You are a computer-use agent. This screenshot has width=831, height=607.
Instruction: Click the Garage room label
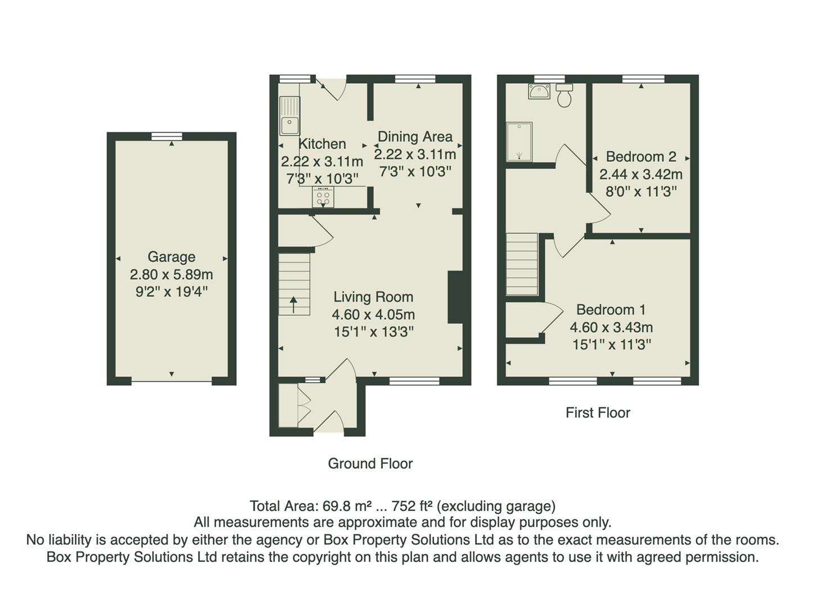click(x=171, y=257)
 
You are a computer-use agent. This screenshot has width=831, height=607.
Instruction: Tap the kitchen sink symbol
click(x=290, y=116)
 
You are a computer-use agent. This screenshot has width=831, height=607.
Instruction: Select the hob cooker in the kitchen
click(x=323, y=197)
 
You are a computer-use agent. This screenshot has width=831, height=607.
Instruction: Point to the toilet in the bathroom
click(x=564, y=97)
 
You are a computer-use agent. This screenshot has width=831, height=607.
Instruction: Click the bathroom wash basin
click(x=539, y=92)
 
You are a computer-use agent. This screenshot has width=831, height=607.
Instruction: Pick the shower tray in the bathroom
click(x=519, y=142)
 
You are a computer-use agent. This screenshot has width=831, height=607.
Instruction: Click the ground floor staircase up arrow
click(x=293, y=305)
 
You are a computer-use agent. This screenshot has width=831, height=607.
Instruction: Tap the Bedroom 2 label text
click(x=640, y=157)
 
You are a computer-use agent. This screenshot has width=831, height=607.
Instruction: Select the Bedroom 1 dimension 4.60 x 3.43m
click(x=611, y=327)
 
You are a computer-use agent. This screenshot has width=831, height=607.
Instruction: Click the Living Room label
click(x=373, y=297)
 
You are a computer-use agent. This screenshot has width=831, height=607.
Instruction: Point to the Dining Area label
click(x=415, y=137)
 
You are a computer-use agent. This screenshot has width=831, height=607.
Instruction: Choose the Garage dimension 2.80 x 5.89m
click(x=171, y=275)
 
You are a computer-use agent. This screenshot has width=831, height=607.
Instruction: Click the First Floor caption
click(x=598, y=413)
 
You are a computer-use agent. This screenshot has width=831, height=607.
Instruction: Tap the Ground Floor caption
click(x=370, y=464)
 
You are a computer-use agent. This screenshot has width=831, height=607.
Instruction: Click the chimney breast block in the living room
click(x=455, y=297)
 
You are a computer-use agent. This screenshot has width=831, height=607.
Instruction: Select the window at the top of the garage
click(x=167, y=135)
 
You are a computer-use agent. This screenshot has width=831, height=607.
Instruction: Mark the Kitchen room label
click(x=322, y=144)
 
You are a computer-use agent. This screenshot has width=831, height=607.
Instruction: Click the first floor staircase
click(x=522, y=264)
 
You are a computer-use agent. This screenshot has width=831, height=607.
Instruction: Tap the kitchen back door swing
click(x=333, y=88)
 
